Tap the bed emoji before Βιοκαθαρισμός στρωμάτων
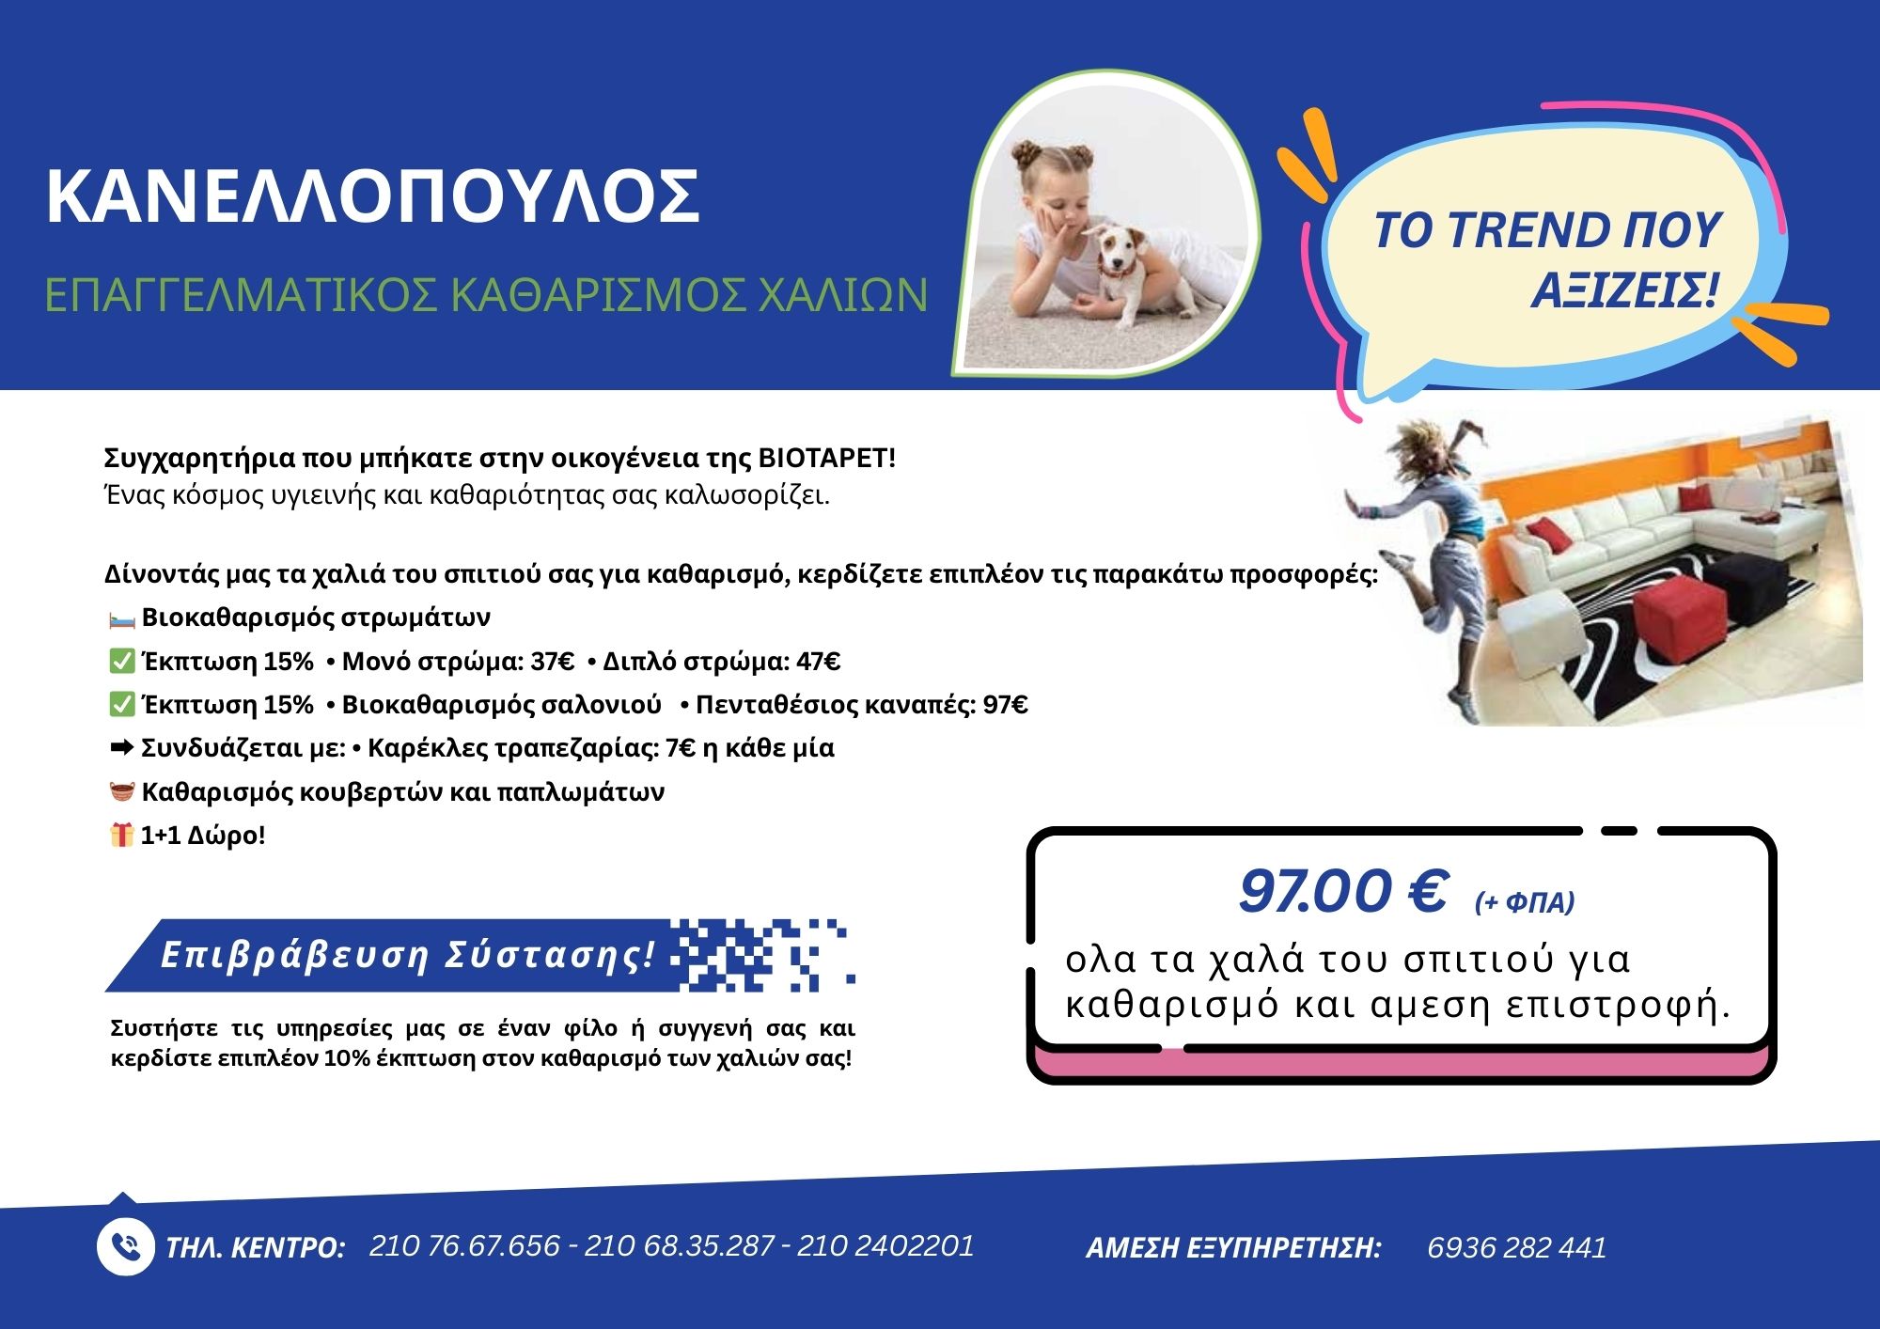[x=121, y=619]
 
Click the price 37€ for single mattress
[x=553, y=662]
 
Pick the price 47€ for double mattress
[x=819, y=662]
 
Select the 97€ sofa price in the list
[x=1006, y=705]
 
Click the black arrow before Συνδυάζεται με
[x=121, y=748]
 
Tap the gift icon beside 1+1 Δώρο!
[x=121, y=835]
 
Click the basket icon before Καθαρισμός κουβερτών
[x=121, y=791]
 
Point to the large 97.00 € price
[x=1342, y=891]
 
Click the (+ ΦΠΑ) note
[x=1524, y=902]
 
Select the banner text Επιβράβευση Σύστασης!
[x=408, y=955]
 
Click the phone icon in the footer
[x=125, y=1247]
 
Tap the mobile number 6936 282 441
[x=1516, y=1247]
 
